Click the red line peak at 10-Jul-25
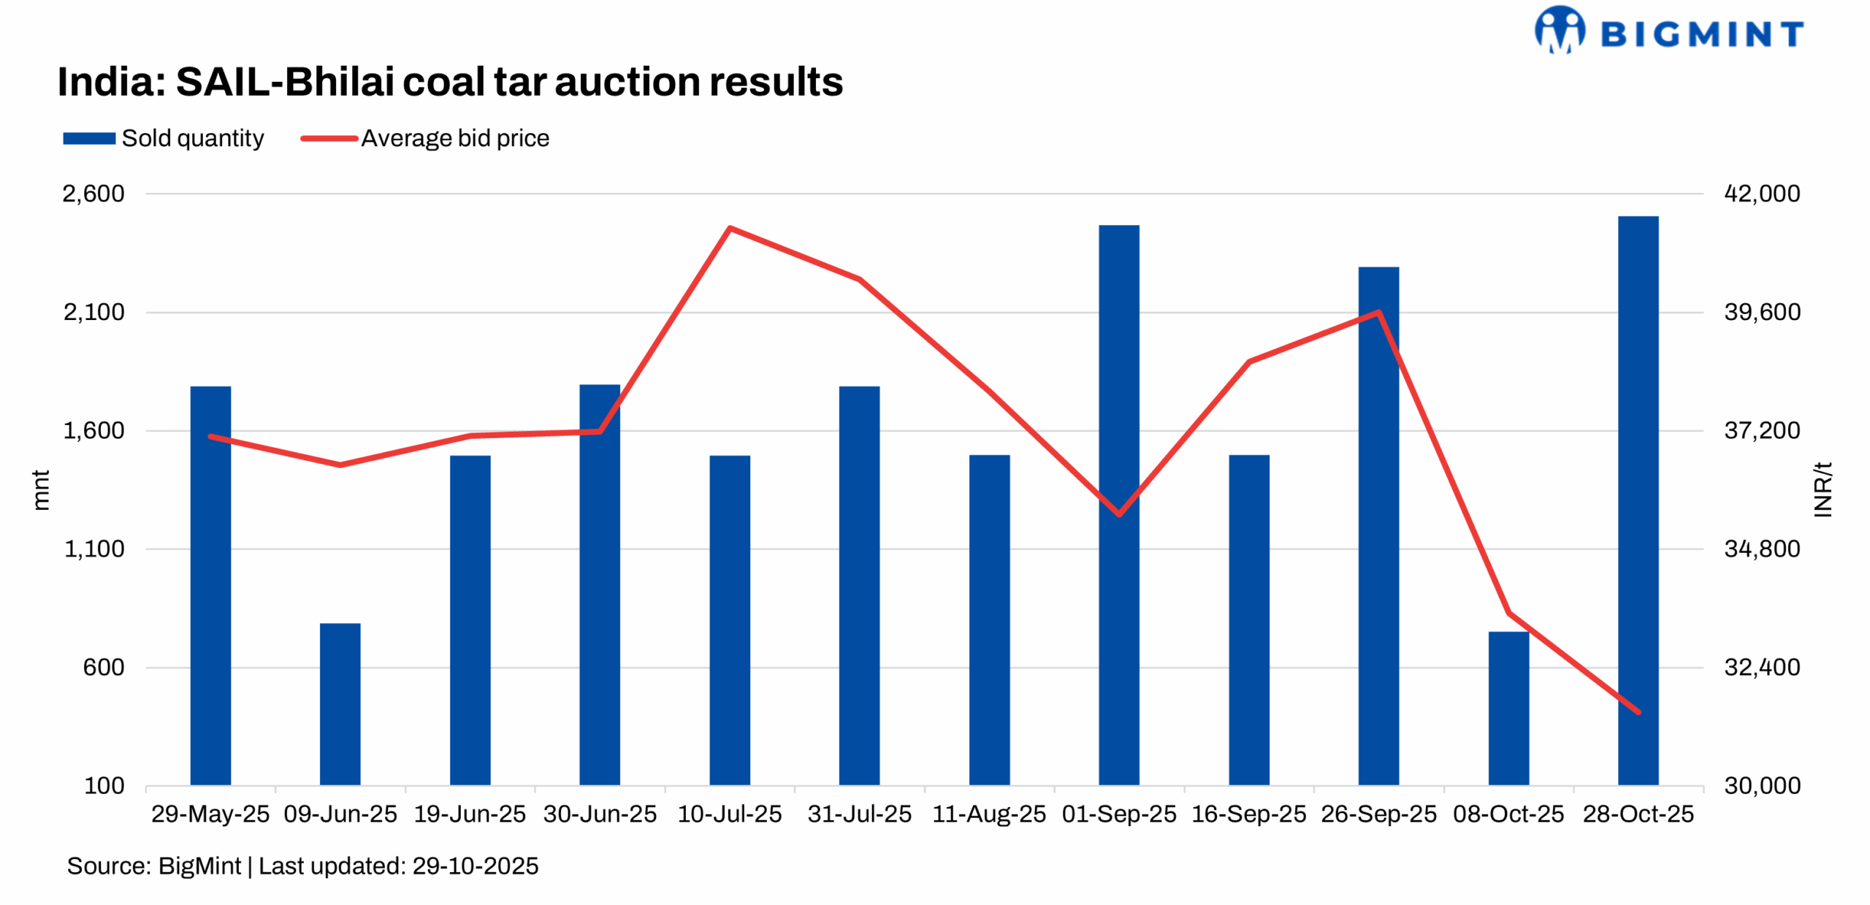click(x=730, y=229)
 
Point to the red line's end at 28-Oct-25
click(x=1638, y=711)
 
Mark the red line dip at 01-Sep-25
click(x=1118, y=514)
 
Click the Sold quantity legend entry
click(x=164, y=138)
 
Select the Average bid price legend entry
click(x=425, y=138)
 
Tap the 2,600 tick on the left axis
click(x=93, y=194)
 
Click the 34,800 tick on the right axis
click(x=1761, y=549)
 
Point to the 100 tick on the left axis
click(x=104, y=785)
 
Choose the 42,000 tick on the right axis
click(x=1761, y=194)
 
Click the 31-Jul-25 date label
click(x=859, y=814)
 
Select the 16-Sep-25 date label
click(x=1248, y=814)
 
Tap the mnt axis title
click(x=41, y=489)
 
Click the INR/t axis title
click(x=1823, y=489)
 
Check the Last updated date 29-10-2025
click(x=475, y=866)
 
